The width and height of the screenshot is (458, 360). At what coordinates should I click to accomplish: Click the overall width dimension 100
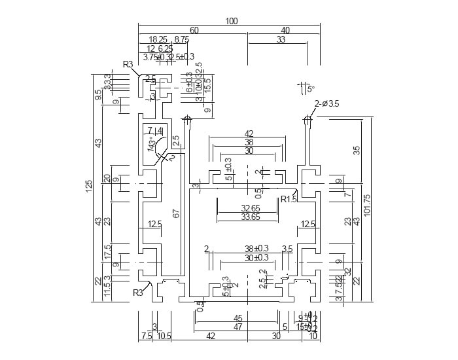231,21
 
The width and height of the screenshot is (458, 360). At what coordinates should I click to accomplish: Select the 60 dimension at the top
194,31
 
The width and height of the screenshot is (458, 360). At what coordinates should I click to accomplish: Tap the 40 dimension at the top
285,31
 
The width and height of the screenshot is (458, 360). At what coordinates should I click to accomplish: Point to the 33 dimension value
281,40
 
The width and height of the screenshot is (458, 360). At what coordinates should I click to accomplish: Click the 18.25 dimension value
158,40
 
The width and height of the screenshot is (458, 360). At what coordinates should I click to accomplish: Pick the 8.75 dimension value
181,40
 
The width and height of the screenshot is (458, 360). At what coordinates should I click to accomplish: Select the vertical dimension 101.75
367,206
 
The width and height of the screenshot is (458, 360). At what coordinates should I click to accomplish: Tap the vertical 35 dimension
357,150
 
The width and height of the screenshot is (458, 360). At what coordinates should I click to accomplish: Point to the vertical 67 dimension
176,214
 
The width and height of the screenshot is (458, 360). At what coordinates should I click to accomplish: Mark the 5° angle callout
310,88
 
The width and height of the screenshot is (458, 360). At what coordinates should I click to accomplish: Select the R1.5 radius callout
289,199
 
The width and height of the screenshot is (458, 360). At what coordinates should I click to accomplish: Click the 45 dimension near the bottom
238,318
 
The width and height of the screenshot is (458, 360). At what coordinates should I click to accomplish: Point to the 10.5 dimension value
164,336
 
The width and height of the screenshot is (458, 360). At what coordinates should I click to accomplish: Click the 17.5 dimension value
107,251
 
